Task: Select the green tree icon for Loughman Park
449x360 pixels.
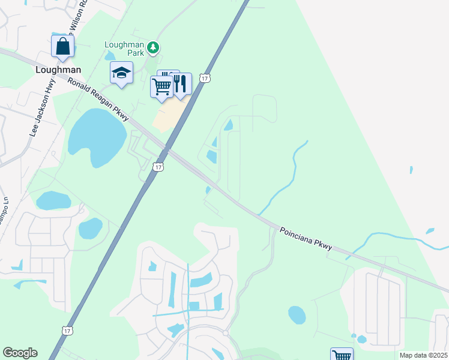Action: point(154,46)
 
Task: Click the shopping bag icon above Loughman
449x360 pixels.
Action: point(62,46)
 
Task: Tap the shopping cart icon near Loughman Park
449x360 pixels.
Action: point(161,87)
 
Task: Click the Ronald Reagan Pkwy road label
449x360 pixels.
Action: point(98,99)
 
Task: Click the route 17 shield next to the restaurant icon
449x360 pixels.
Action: point(205,79)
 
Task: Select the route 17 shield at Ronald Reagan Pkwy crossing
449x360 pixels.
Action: point(157,167)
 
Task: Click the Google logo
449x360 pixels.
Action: point(20,353)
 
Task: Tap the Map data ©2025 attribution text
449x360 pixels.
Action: point(423,355)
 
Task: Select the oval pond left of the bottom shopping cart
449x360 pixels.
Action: point(297,314)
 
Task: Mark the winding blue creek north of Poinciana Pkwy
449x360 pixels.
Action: point(291,174)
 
